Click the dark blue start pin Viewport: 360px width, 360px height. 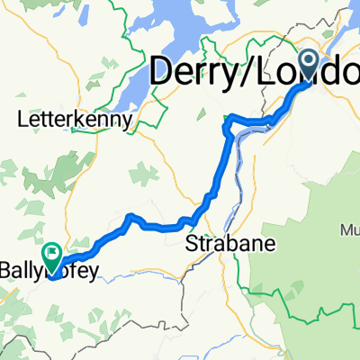coord(309,66)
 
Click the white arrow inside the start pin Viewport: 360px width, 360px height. coord(309,61)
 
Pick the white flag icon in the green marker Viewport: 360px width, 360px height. coord(52,255)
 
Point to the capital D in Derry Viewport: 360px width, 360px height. coord(162,74)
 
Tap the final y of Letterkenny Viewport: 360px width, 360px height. coord(130,120)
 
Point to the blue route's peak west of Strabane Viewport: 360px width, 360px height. coord(130,216)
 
